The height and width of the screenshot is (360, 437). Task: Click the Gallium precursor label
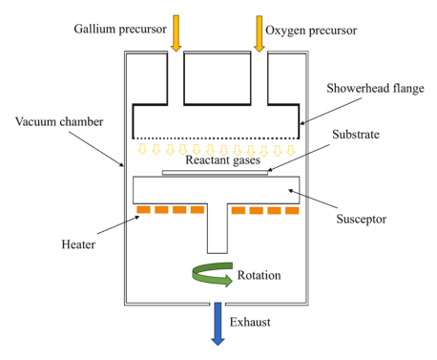pos(120,30)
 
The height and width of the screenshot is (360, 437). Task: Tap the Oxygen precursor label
pos(311,31)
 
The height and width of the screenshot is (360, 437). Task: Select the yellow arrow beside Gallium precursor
pos(176,33)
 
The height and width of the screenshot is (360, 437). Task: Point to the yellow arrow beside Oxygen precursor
pos(260,33)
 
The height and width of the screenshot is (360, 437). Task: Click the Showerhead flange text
pos(375,88)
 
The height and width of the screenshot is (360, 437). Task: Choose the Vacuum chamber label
pos(59,121)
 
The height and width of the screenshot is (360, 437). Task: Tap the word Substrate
pos(356,135)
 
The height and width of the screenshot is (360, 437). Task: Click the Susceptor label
pos(362,219)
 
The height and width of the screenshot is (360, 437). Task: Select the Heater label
pos(78,244)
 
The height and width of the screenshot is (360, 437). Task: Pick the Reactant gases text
pos(222,159)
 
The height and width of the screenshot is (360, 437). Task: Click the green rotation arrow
pos(213,275)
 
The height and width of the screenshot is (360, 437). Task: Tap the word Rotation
pos(259,275)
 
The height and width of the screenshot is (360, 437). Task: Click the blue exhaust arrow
pos(218,324)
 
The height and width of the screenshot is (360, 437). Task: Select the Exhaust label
pos(250,322)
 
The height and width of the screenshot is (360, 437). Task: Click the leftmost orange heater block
pos(143,209)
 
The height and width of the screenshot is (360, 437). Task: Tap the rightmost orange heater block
pos(292,210)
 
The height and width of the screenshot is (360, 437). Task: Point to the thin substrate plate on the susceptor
pos(215,173)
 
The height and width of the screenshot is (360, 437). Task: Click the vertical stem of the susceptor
pos(218,228)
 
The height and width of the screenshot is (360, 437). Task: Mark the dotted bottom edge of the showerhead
pos(216,138)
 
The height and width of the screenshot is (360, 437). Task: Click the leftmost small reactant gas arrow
pos(142,149)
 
